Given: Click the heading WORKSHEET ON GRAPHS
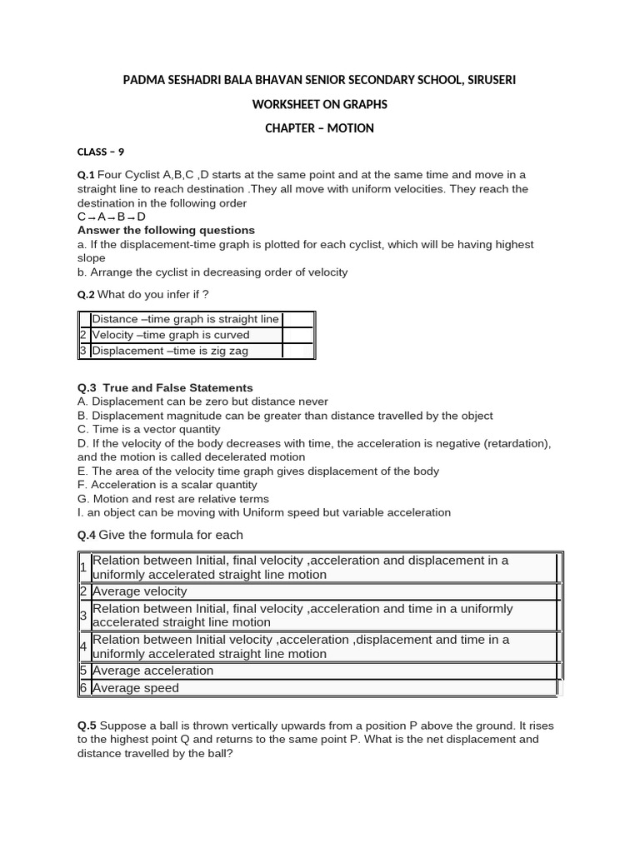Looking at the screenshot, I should coord(319,104).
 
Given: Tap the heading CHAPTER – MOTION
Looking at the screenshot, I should coord(319,128).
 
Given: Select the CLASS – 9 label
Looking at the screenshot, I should coord(101,152).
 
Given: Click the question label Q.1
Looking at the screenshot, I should coord(86,175).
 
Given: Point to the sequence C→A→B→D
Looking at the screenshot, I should coord(112,217).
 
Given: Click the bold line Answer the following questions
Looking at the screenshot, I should coord(166,230).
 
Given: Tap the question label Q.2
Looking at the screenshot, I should coord(86,294).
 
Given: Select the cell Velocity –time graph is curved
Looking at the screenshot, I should coord(171,335).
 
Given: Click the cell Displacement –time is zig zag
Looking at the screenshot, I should coord(170,351).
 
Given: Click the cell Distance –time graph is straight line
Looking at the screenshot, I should coord(185,319).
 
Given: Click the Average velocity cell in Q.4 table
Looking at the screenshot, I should coord(140,591).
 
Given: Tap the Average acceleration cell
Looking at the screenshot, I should coord(153,671).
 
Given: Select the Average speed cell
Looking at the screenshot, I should coord(136,688).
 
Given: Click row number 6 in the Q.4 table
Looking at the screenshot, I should coord(83,688).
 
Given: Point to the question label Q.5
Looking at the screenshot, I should coord(86,726).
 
